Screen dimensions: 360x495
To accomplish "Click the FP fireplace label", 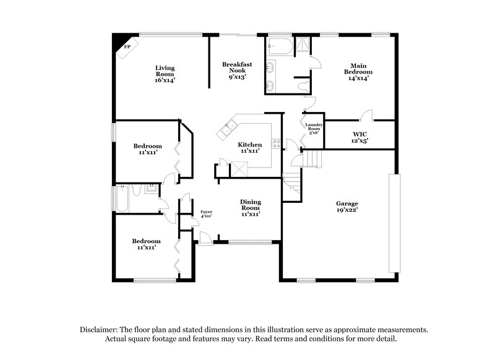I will [x=127, y=46].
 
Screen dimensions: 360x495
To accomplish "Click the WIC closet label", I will [x=360, y=134].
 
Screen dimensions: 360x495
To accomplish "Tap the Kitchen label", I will [x=249, y=144].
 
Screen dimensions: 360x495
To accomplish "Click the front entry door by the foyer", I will [x=205, y=238].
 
